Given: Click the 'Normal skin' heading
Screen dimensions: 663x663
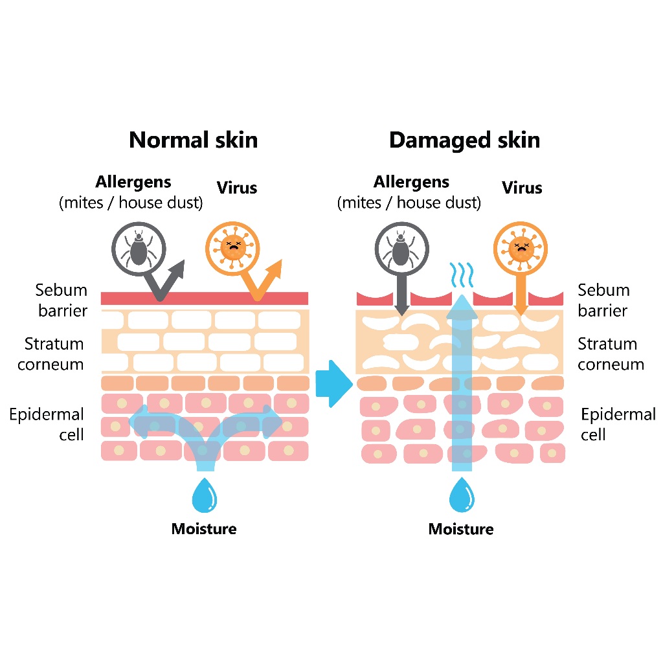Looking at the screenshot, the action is (x=193, y=140).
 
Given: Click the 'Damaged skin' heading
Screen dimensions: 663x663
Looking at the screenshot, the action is (x=464, y=140).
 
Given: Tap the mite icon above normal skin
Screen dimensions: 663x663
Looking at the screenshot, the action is (x=139, y=249).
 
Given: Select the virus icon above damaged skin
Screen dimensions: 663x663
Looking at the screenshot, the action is (x=521, y=248).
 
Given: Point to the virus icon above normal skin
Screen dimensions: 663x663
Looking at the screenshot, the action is (x=232, y=248).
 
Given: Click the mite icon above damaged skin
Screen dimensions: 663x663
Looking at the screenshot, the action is (x=401, y=249).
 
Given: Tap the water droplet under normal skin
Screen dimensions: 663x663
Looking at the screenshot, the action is (x=204, y=495).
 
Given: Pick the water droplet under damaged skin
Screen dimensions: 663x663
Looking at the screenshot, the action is (x=462, y=495).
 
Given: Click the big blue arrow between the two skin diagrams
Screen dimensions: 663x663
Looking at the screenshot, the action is (x=334, y=383).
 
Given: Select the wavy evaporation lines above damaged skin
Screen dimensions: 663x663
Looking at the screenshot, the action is (x=461, y=275).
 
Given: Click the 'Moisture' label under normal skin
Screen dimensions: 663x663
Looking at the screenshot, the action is (x=204, y=529).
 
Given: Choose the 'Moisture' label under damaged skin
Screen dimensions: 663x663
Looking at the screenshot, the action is (x=461, y=529).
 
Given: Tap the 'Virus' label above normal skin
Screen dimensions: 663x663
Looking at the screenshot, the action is (x=237, y=188).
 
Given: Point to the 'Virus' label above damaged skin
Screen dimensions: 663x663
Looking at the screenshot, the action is (x=522, y=188).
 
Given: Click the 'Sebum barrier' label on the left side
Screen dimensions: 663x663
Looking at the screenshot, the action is (x=62, y=300).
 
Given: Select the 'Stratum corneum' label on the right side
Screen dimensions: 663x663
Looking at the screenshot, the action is (x=611, y=354).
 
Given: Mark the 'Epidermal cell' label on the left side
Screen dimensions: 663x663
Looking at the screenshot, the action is (x=47, y=424).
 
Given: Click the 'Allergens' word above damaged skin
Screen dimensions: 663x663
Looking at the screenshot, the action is (x=411, y=182).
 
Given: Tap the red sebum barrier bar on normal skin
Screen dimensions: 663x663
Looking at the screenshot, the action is (x=205, y=298).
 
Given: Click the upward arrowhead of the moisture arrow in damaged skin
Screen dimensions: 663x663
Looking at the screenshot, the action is (x=462, y=307).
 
